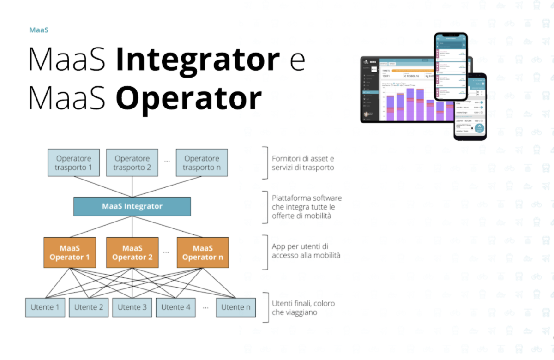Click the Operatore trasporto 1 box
pos(73,162)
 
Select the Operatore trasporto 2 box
pos(132,162)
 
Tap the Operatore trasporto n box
pos(202,162)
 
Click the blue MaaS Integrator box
pos(132,206)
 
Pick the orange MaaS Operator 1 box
pos(70,252)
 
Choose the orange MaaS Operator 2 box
pos(132,252)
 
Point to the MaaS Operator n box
pos(202,252)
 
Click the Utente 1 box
pos(45,307)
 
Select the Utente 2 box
pos(89,307)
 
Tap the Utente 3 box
pos(132,307)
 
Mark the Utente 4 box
pos(175,307)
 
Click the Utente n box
pos(235,307)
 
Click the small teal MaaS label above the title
pos(39,30)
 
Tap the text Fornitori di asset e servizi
pos(303,163)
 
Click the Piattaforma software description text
pos(307,207)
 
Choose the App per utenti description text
pos(306,251)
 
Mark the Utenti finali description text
pos(303,308)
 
